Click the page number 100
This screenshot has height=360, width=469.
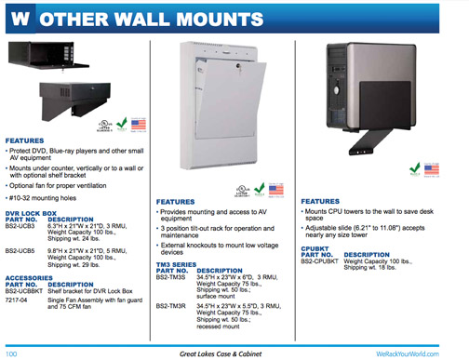tap(12, 353)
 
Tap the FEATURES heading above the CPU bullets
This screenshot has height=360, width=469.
tap(319, 201)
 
